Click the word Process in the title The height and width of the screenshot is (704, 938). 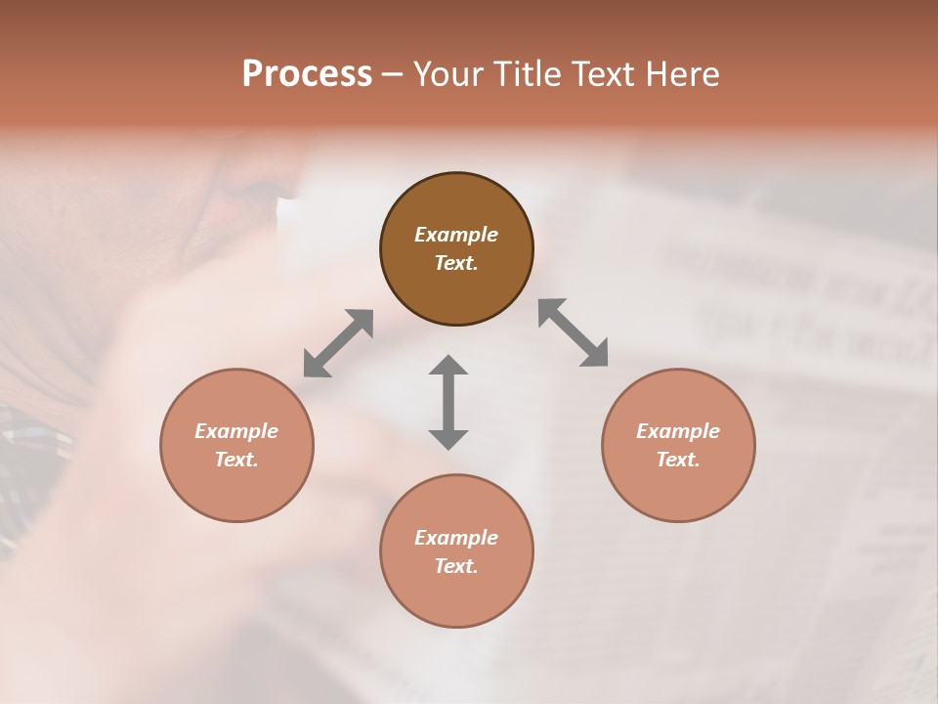[307, 74]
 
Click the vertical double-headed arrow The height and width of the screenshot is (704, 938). [448, 402]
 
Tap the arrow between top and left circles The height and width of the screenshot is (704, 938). [338, 343]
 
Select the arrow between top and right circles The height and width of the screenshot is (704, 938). [574, 332]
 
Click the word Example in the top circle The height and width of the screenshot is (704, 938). [456, 235]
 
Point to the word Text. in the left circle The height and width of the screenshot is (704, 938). [236, 460]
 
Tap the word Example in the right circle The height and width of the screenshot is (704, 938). [678, 431]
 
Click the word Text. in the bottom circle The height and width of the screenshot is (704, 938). [456, 566]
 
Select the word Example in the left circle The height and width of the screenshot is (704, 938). [236, 431]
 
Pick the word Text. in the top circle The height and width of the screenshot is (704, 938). [456, 263]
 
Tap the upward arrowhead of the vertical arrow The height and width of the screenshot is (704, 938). [448, 366]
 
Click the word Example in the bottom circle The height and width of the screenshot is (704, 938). [456, 538]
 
